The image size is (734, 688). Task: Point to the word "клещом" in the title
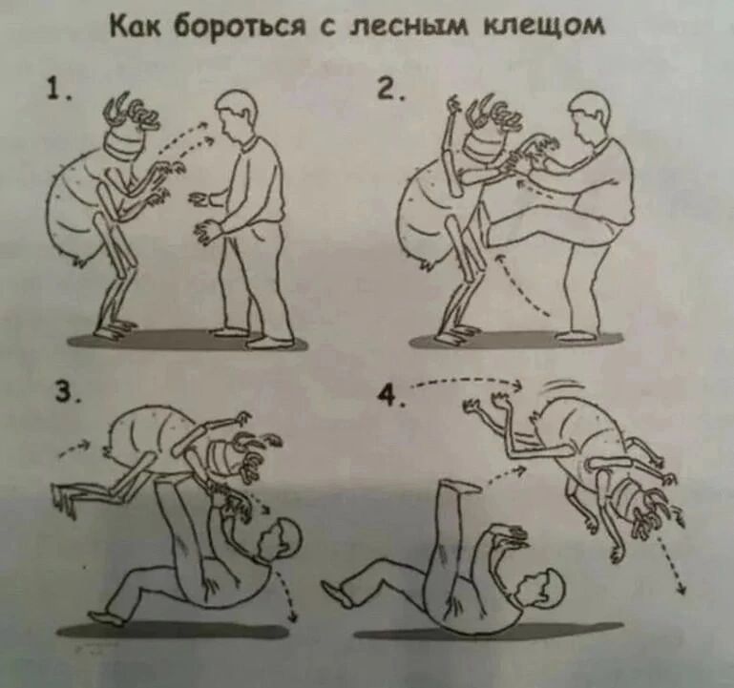(x=544, y=28)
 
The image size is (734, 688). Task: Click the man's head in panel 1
(x=238, y=115)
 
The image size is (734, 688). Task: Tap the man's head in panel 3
(x=279, y=539)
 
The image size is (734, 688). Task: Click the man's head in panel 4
(x=541, y=589)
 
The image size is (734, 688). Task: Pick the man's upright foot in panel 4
(x=456, y=487)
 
